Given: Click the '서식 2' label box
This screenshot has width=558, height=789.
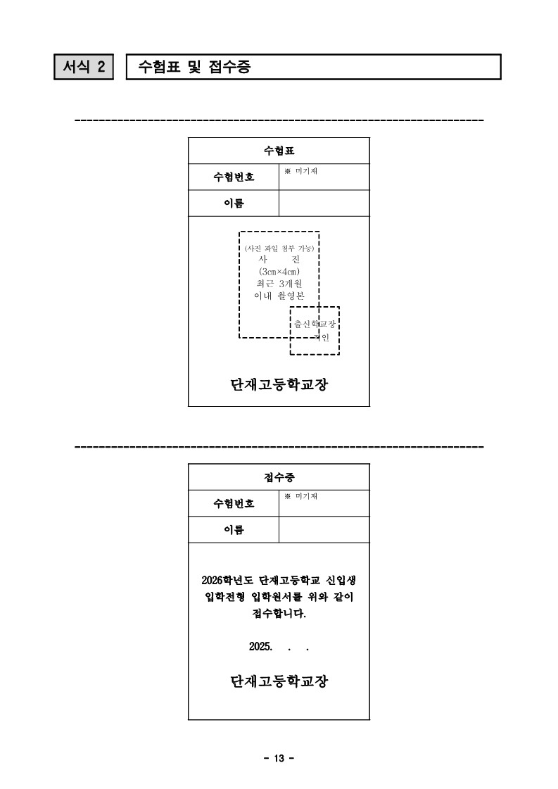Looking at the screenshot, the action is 84,67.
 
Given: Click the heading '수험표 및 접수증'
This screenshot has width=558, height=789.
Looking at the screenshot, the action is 194,67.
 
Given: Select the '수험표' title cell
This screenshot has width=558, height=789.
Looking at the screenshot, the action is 279,151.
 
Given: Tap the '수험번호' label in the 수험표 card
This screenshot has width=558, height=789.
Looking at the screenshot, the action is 234,177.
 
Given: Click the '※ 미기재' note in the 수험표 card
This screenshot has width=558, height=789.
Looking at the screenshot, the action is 301,171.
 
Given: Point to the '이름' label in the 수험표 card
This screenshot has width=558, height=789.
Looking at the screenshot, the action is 234,203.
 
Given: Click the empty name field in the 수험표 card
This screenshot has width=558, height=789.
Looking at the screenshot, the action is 324,203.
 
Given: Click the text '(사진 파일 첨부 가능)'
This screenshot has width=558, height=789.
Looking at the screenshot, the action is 279,248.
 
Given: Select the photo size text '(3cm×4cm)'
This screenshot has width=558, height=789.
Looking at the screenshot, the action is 279,272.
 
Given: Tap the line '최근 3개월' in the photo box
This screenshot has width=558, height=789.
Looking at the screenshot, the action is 279,284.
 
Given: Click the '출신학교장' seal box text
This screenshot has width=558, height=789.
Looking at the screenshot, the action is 315,324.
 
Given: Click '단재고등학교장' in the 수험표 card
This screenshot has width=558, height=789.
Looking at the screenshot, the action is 279,384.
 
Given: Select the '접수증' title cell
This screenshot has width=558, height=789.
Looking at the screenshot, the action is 279,477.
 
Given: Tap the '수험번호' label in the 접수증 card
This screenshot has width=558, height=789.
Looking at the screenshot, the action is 234,503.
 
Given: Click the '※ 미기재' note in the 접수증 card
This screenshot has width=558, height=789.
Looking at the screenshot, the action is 301,496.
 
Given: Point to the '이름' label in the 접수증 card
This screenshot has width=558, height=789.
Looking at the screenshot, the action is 234,529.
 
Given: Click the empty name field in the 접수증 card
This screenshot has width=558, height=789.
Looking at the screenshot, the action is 324,529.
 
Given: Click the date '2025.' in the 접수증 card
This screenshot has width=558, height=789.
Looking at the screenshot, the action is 260,647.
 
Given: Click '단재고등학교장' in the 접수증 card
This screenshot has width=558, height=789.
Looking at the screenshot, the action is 279,681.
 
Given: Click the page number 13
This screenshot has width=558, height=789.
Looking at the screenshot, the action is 279,758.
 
